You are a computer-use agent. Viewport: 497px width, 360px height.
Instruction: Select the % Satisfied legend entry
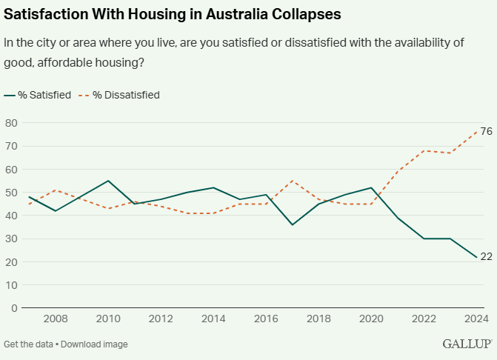click(44, 95)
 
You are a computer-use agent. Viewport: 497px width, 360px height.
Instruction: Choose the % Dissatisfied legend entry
click(126, 95)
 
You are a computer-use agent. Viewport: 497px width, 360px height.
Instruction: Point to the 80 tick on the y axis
click(11, 123)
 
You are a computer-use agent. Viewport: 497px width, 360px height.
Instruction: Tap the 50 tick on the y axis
click(11, 193)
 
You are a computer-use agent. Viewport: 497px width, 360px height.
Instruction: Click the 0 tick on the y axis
click(14, 308)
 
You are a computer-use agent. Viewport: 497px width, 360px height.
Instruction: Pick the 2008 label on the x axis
click(56, 319)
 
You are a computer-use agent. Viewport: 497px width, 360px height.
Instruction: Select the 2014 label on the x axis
click(213, 319)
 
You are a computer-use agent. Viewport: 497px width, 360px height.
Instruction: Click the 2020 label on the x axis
click(371, 319)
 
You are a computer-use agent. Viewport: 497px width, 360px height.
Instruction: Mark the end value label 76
click(486, 131)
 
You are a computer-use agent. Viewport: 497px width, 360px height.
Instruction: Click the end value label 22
click(486, 256)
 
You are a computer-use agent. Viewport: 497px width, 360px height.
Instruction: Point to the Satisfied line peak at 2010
click(108, 181)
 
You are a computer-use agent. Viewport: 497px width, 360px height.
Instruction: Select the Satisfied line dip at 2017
click(292, 224)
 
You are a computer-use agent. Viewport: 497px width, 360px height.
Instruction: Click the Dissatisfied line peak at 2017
click(292, 181)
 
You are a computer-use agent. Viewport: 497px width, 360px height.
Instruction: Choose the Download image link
click(96, 344)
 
